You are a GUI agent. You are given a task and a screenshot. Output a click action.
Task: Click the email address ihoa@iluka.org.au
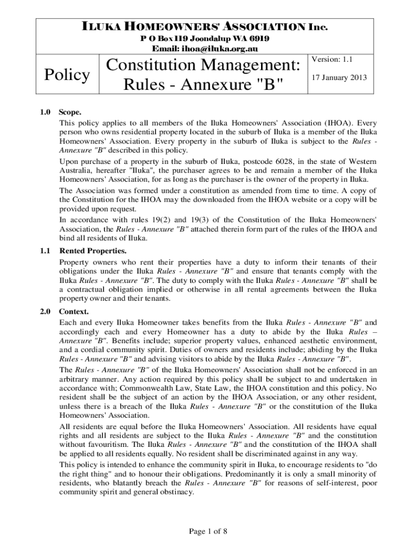227,49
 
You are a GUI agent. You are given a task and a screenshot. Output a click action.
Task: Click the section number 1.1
45,251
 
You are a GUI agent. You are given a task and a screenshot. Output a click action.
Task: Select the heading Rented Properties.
93,251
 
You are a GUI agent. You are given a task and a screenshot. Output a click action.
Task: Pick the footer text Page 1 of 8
208,531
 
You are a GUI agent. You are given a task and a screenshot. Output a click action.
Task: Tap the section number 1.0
45,113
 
